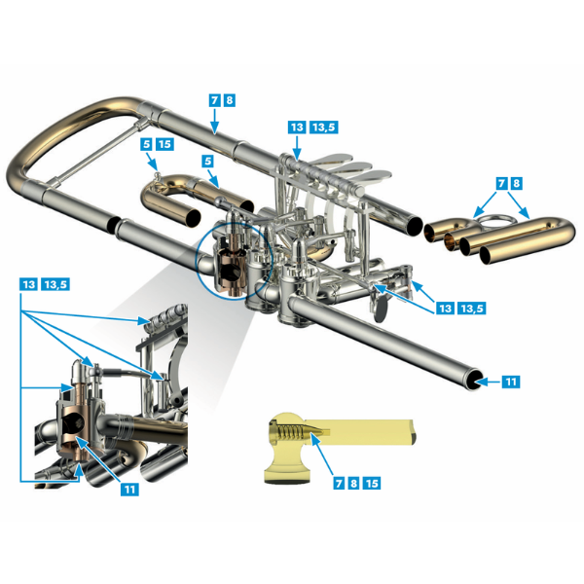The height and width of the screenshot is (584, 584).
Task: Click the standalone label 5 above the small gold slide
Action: point(208,161)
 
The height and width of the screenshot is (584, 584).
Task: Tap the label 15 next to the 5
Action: point(164,144)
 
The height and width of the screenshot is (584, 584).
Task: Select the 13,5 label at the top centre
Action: point(324,127)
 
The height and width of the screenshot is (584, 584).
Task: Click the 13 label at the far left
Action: point(28,284)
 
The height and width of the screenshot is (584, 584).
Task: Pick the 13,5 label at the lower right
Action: point(472,308)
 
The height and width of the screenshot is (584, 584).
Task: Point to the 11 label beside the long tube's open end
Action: point(511,382)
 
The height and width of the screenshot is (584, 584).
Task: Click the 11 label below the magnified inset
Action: point(129,489)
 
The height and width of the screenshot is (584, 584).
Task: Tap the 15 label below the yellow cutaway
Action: point(372,483)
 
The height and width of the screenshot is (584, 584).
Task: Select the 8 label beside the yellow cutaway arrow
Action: point(353,483)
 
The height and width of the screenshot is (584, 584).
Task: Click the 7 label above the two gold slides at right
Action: point(501,183)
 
